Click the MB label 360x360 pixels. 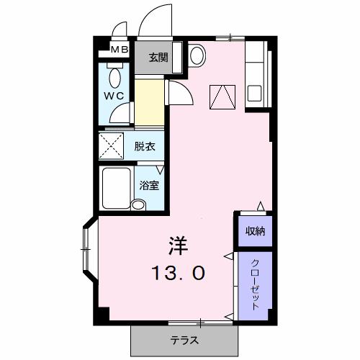pos(120,50)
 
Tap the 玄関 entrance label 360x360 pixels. pos(158,58)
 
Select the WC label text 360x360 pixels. pos(114,96)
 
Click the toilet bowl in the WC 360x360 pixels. pos(114,77)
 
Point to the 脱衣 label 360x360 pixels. pos(144,146)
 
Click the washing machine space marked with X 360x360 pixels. pos(111,146)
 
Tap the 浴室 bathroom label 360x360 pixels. pos(149,186)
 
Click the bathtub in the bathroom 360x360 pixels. pos(117,189)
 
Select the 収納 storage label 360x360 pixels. pos(255,231)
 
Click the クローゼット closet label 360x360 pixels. pos(255,285)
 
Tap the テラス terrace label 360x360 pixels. pos(184,340)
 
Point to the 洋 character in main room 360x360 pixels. pos(179,246)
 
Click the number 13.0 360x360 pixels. pos(179,273)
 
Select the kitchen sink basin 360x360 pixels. pos(254,94)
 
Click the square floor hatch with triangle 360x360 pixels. pos(222,97)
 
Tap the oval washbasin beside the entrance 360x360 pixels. pos(197,55)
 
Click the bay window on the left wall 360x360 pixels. pos(90,248)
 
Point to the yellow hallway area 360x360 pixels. pos(150,102)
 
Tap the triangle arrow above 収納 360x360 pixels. pos(261,206)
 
